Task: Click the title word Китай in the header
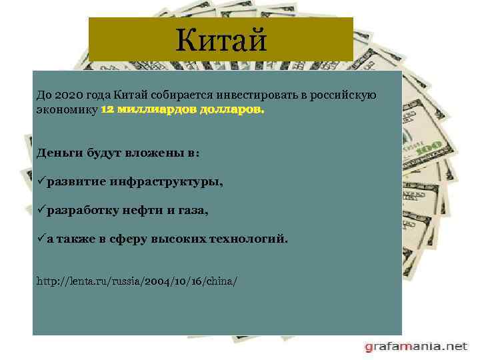221,41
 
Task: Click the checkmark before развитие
41,181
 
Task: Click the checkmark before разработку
41,210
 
